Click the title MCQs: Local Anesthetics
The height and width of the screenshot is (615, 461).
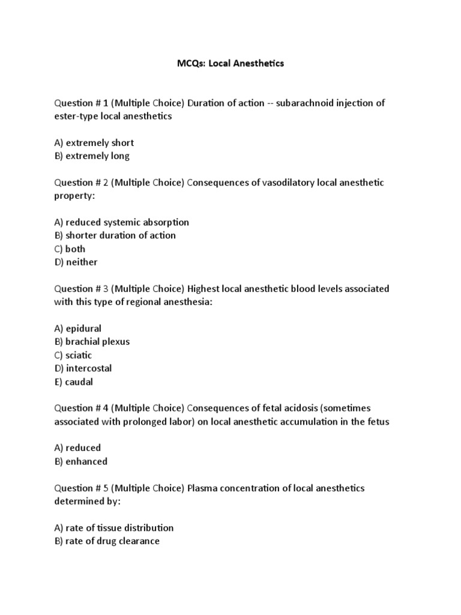pyautogui.click(x=230, y=63)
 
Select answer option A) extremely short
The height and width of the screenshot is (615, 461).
pyautogui.click(x=94, y=143)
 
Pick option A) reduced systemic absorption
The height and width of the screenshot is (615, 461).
pyautogui.click(x=122, y=222)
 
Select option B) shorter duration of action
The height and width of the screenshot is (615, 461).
pyautogui.click(x=115, y=235)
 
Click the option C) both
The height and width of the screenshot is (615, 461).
pyautogui.click(x=70, y=249)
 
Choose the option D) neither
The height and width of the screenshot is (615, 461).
pyautogui.click(x=76, y=262)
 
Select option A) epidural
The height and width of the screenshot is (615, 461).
pyautogui.click(x=78, y=329)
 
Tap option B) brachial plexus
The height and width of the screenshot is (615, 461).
pyautogui.click(x=92, y=342)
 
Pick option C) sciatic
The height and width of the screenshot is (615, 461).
pyautogui.click(x=73, y=355)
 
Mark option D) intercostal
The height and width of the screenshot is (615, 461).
pyautogui.click(x=83, y=368)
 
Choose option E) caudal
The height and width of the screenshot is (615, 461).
pyautogui.click(x=74, y=381)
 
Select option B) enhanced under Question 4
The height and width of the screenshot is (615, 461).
pyautogui.click(x=81, y=461)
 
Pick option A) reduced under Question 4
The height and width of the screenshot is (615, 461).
pyautogui.click(x=77, y=448)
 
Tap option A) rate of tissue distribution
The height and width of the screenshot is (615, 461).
pyautogui.click(x=114, y=528)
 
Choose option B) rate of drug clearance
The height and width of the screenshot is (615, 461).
pyautogui.click(x=107, y=541)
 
